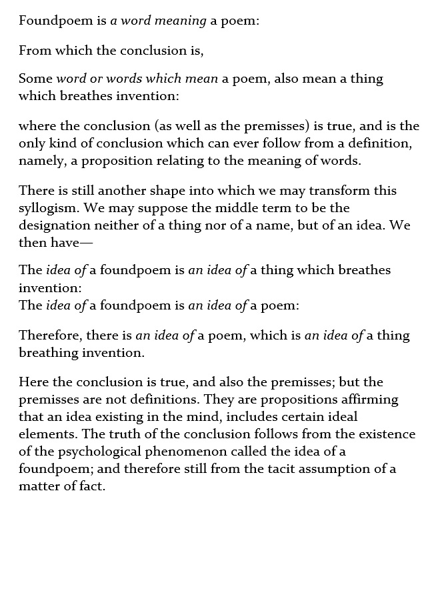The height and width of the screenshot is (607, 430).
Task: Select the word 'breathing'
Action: [x=45, y=352]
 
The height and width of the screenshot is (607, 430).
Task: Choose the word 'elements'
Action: [x=45, y=434]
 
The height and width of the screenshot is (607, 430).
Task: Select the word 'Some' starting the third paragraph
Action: [x=35, y=79]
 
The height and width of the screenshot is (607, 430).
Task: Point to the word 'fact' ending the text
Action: [x=92, y=486]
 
